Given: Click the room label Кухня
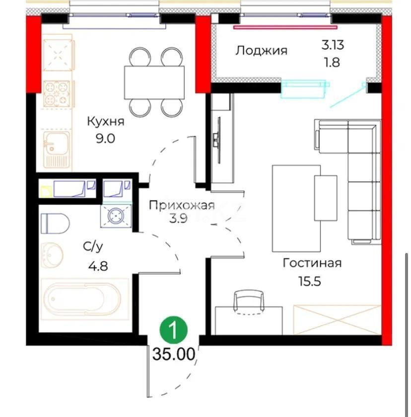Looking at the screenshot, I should [105, 121].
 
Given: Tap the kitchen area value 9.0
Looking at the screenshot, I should [105, 138].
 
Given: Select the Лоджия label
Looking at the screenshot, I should [261, 50].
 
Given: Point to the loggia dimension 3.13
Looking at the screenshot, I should [332, 45].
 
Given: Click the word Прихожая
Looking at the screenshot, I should [182, 205].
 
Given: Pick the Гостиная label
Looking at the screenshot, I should [312, 263].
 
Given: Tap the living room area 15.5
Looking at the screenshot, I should [309, 281].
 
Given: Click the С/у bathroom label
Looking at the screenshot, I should [93, 247].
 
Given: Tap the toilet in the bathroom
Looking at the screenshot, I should [55, 223].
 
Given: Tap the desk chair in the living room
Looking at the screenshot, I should [249, 302].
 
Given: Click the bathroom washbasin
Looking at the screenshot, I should [52, 255].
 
